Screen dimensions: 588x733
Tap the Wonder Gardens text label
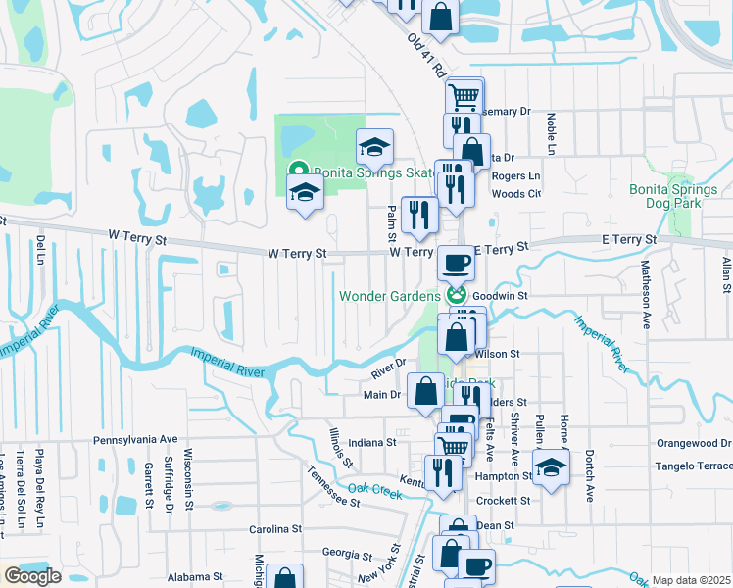click(390, 295)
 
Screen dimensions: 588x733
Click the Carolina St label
click(273, 529)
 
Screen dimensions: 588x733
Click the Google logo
click(31, 576)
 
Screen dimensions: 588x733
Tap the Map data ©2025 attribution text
click(690, 580)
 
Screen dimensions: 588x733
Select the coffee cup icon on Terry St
click(455, 262)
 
